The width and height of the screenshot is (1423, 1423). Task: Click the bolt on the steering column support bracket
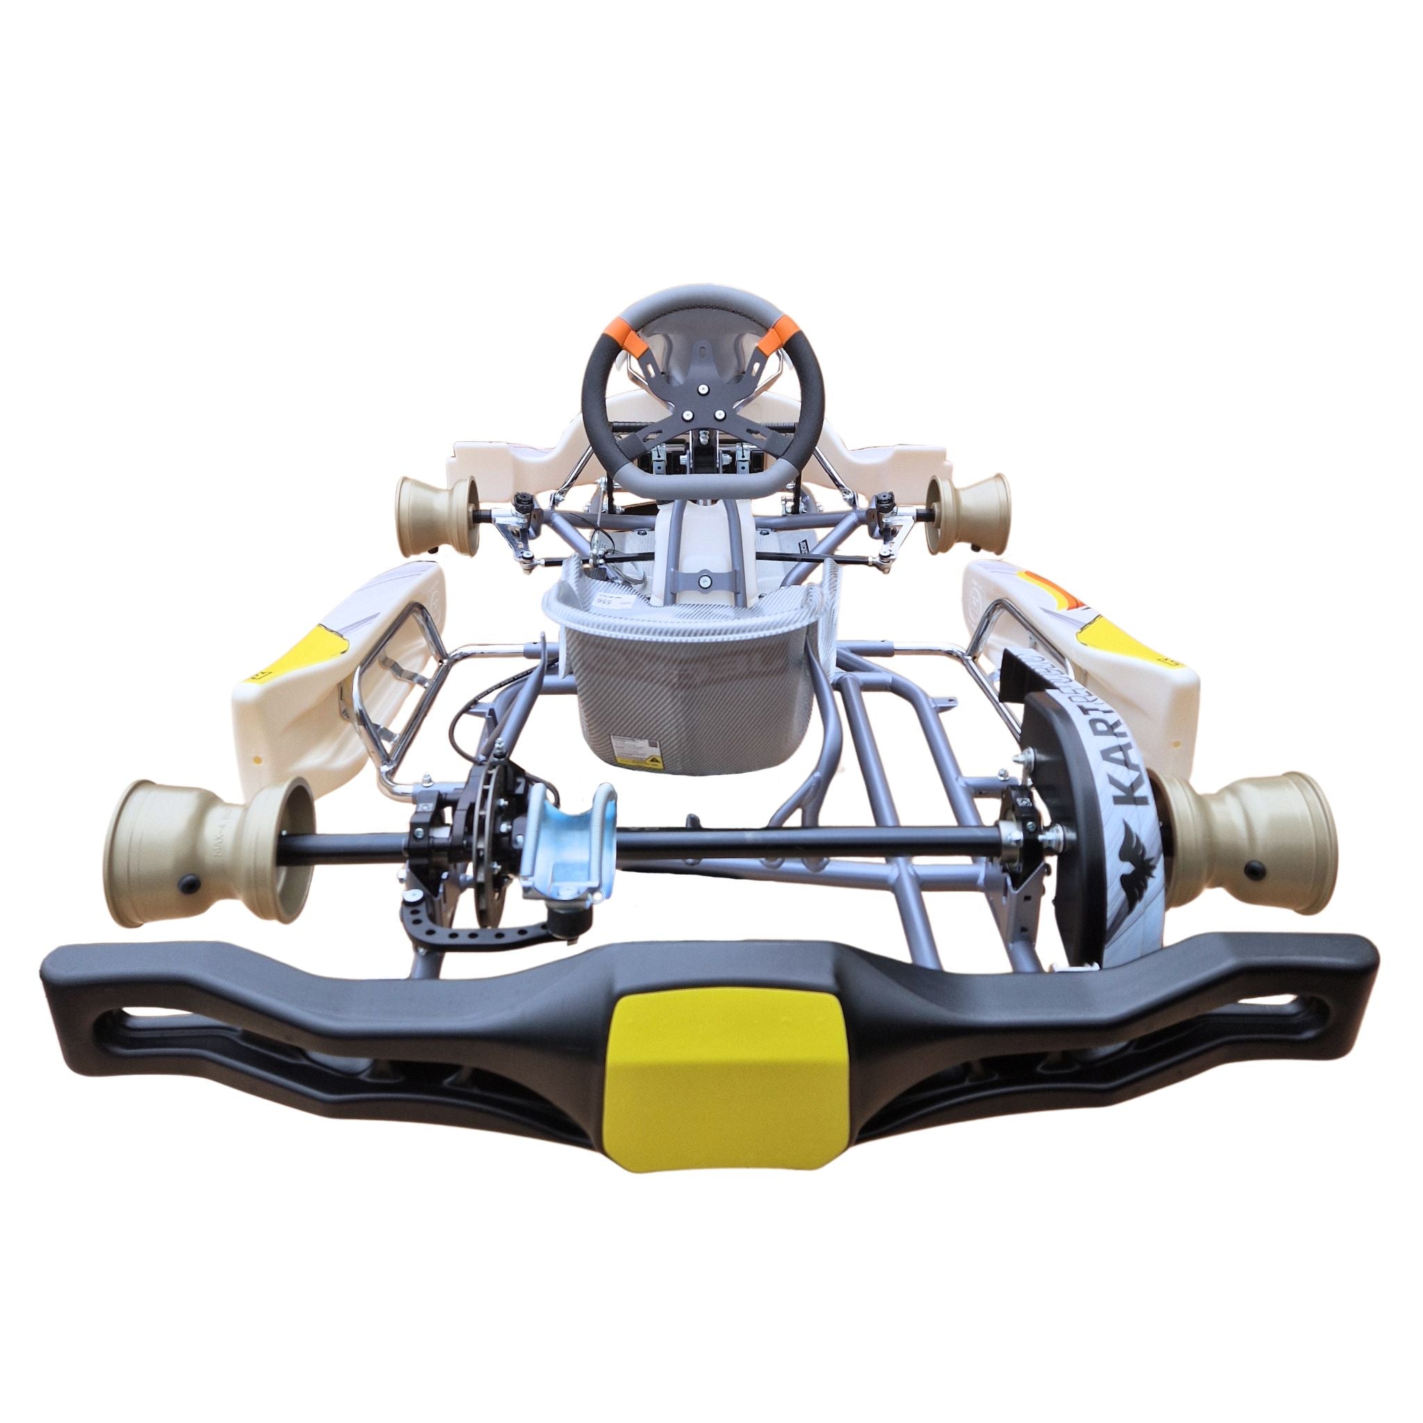coord(705,581)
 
